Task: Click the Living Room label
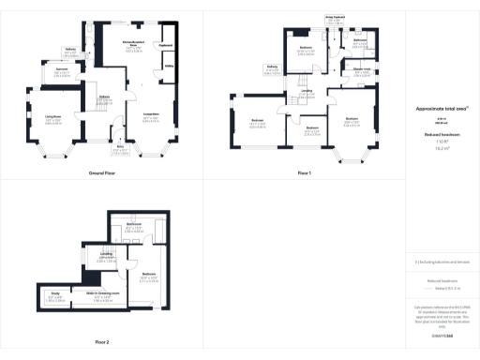(x=41, y=118)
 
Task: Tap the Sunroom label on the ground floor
(x=62, y=69)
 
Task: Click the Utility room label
(x=170, y=67)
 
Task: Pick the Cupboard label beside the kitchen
(x=165, y=44)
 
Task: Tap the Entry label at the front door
(x=120, y=147)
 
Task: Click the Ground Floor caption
(x=101, y=174)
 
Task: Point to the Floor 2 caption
(x=101, y=341)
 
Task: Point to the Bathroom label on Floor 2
(x=134, y=225)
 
